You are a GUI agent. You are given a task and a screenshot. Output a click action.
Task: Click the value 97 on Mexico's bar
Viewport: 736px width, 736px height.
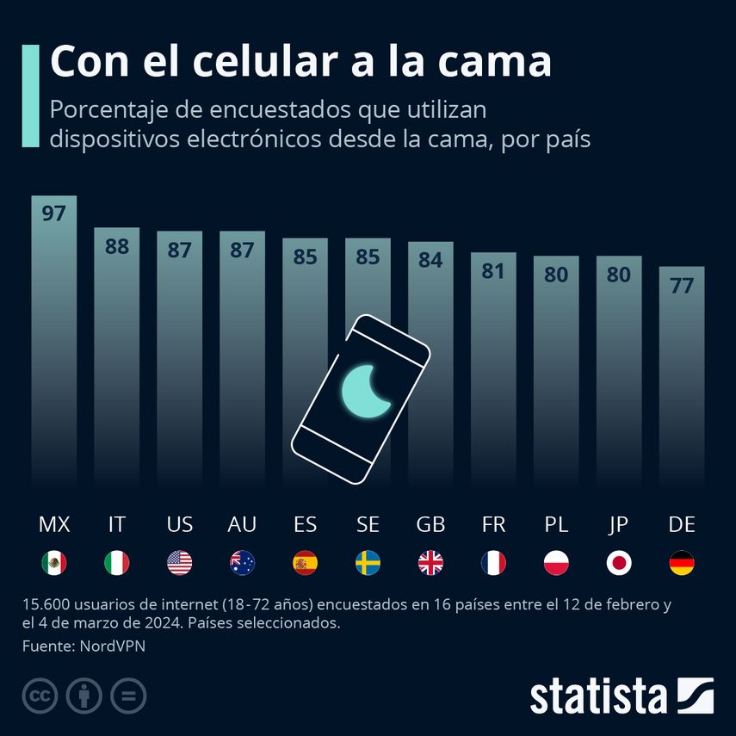click(53, 213)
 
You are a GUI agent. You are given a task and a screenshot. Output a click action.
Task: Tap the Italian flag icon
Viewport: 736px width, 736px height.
click(116, 563)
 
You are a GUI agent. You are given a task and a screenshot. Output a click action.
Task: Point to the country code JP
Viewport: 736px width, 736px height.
click(619, 524)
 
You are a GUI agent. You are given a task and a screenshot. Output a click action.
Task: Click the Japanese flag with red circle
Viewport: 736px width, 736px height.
click(619, 563)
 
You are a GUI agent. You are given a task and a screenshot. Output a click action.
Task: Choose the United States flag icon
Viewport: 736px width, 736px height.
click(179, 563)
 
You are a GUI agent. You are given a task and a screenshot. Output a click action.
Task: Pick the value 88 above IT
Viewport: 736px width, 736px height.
click(116, 246)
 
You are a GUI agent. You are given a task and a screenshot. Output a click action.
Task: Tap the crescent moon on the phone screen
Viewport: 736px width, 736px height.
click(365, 390)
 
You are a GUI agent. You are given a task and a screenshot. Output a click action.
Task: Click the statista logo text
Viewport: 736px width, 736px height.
click(598, 696)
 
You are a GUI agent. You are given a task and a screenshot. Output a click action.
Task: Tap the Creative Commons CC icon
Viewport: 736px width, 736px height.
click(40, 696)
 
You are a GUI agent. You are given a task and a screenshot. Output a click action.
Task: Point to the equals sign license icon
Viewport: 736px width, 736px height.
click(128, 696)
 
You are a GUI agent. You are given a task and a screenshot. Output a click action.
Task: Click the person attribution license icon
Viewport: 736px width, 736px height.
click(84, 696)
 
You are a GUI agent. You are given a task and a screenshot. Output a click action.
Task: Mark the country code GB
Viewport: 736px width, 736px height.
click(430, 524)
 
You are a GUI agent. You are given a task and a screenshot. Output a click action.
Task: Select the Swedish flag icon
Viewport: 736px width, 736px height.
click(368, 563)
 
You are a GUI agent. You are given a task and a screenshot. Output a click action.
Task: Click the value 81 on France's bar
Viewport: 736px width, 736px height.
click(493, 270)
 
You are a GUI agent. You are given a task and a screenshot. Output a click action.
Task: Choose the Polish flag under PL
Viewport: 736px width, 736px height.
click(556, 563)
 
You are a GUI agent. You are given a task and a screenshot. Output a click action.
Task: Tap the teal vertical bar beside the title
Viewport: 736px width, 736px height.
click(30, 96)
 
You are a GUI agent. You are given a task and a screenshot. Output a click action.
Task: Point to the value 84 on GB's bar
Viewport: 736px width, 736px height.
click(430, 260)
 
